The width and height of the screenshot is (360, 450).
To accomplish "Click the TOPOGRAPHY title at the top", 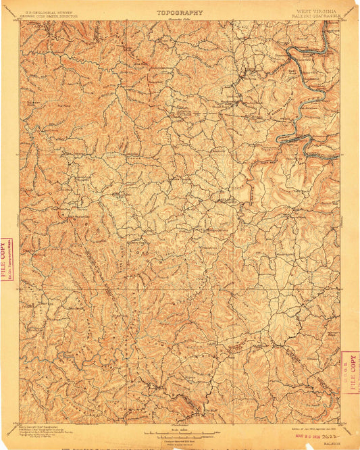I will (x=180, y=12).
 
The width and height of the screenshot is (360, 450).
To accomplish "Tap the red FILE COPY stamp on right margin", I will (x=352, y=372).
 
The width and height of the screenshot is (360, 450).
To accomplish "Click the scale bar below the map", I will (x=180, y=432).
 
